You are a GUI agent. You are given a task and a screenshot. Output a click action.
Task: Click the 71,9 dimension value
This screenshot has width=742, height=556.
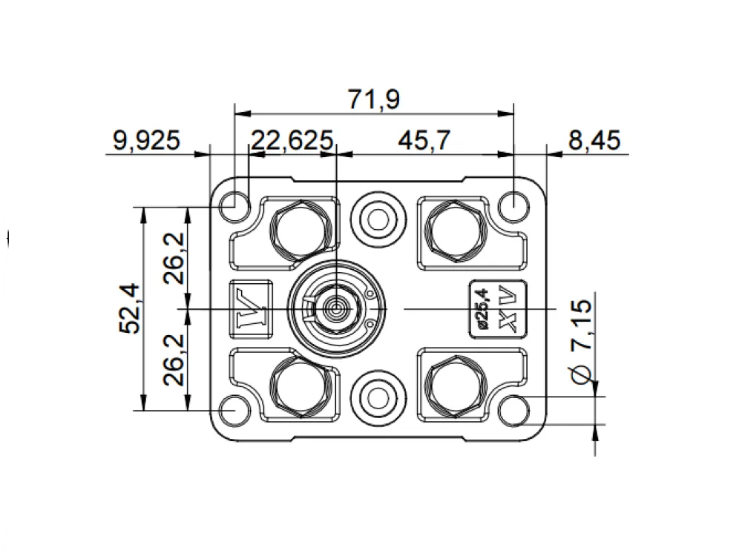pyautogui.click(x=374, y=99)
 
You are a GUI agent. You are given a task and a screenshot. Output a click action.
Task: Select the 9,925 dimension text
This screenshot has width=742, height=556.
pyautogui.click(x=147, y=140)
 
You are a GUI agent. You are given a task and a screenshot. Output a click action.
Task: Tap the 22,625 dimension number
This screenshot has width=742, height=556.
pyautogui.click(x=292, y=140)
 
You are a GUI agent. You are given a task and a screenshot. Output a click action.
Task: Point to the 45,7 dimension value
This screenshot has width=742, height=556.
pyautogui.click(x=424, y=140)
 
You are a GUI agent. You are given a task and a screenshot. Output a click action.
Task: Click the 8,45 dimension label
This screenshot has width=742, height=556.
pyautogui.click(x=594, y=140)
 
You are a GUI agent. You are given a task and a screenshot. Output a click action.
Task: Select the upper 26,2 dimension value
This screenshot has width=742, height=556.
pyautogui.click(x=174, y=258)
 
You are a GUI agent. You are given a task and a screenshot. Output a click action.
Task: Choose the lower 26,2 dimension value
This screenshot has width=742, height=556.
pyautogui.click(x=174, y=360)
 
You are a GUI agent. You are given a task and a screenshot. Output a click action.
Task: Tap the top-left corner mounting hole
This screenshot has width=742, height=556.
pyautogui.click(x=235, y=207)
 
